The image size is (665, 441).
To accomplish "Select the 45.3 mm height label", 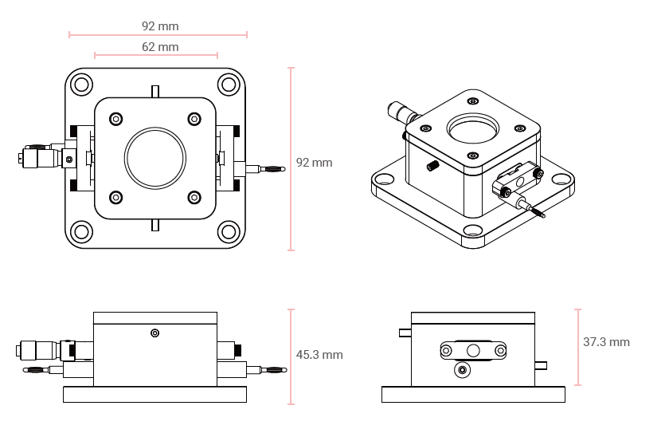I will [x=319, y=355].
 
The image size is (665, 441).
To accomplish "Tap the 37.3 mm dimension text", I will [x=606, y=342].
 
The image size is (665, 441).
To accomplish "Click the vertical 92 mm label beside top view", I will [x=314, y=163].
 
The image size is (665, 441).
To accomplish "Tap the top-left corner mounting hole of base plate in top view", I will [x=82, y=85].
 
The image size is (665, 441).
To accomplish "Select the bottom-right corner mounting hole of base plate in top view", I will [x=229, y=232].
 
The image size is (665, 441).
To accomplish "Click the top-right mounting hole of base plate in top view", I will [x=229, y=85].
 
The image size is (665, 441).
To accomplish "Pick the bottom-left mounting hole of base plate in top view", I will [x=82, y=232].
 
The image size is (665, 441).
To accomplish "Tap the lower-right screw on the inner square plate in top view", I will [x=194, y=197].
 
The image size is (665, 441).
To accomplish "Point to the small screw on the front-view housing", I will [x=155, y=333].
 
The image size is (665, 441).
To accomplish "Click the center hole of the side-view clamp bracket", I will [x=473, y=349].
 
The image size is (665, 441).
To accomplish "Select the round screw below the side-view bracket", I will [x=462, y=370].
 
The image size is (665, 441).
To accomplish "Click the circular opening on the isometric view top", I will [x=474, y=127].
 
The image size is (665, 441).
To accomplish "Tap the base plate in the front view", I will [x=155, y=394].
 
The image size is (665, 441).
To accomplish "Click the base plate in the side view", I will [x=473, y=394].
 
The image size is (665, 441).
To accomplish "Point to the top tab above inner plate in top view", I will [x=155, y=91].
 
